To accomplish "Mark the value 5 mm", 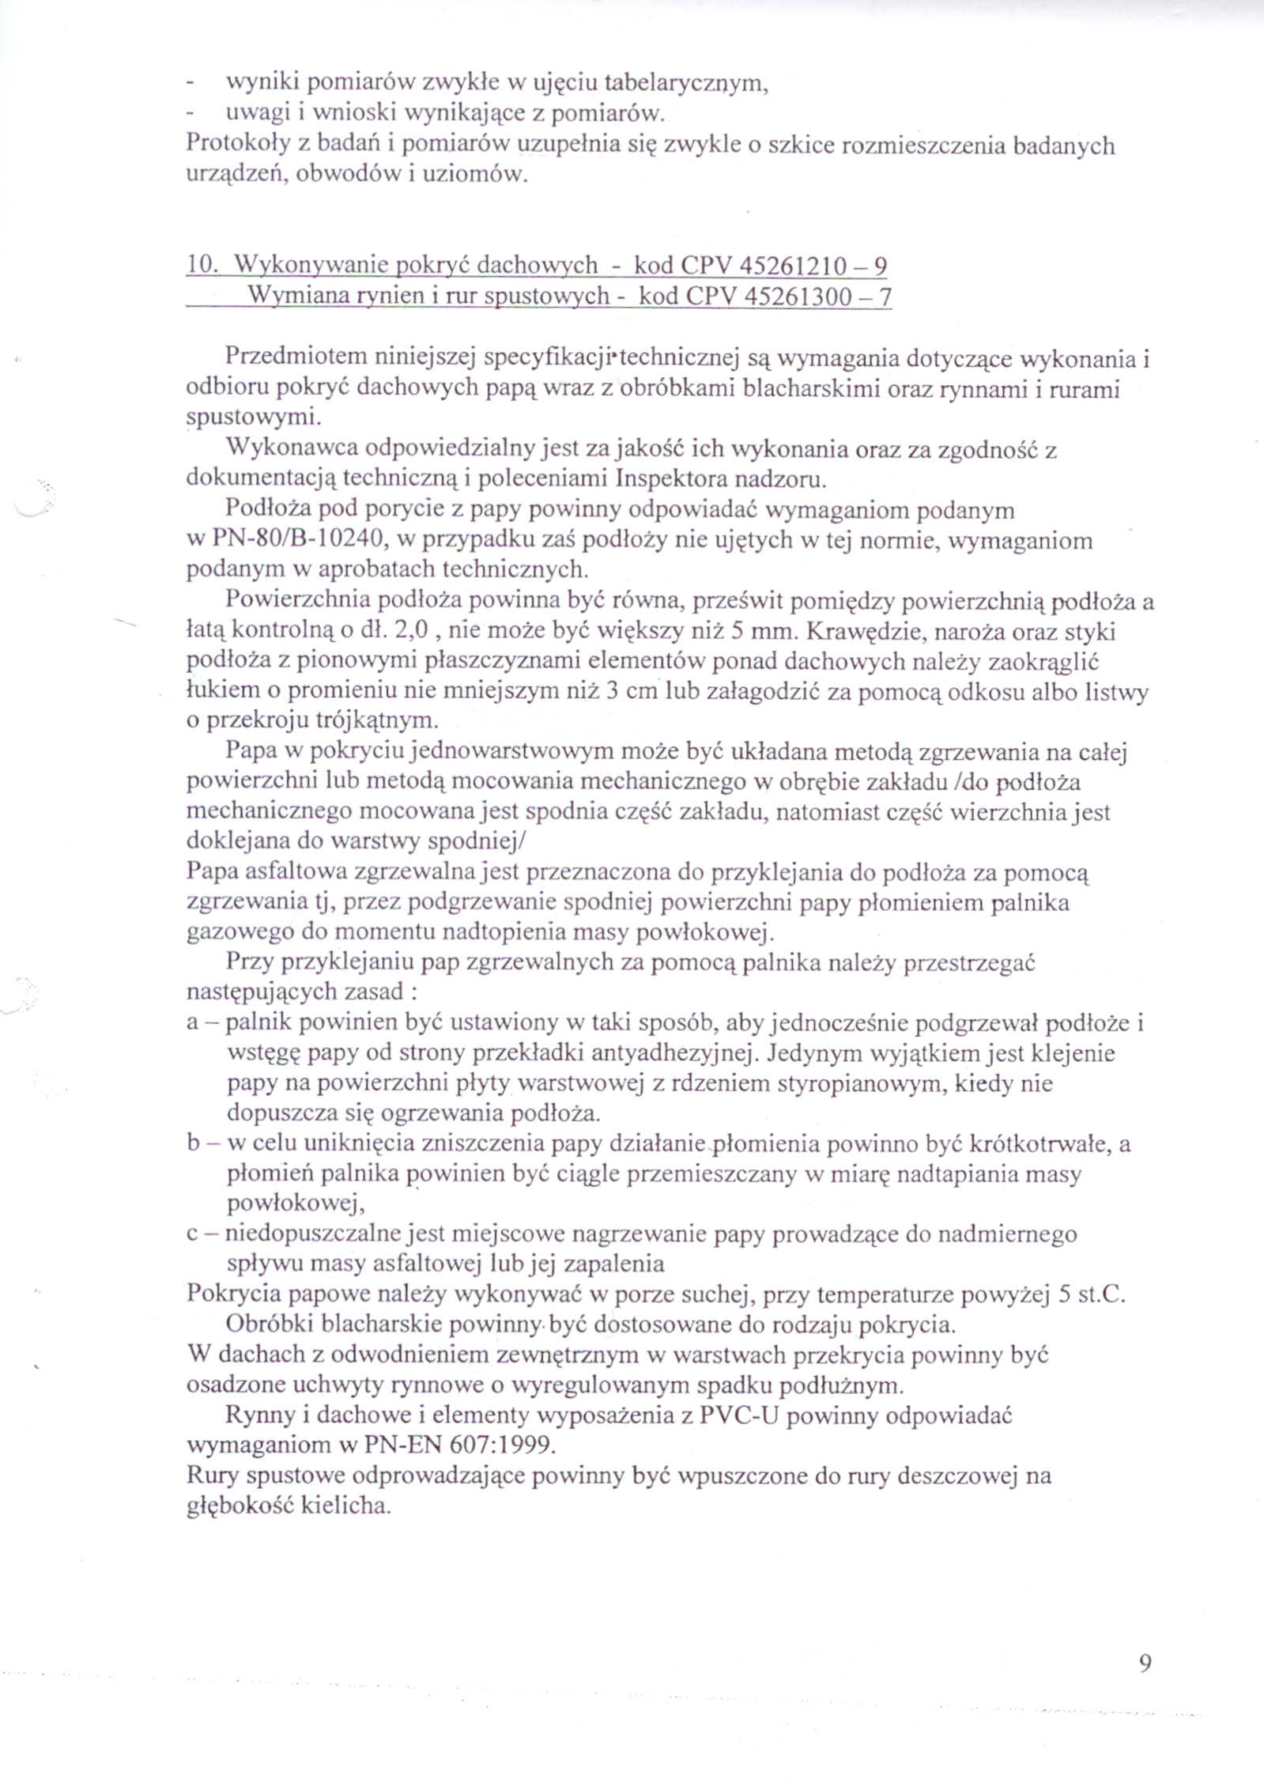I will pos(762,633).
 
